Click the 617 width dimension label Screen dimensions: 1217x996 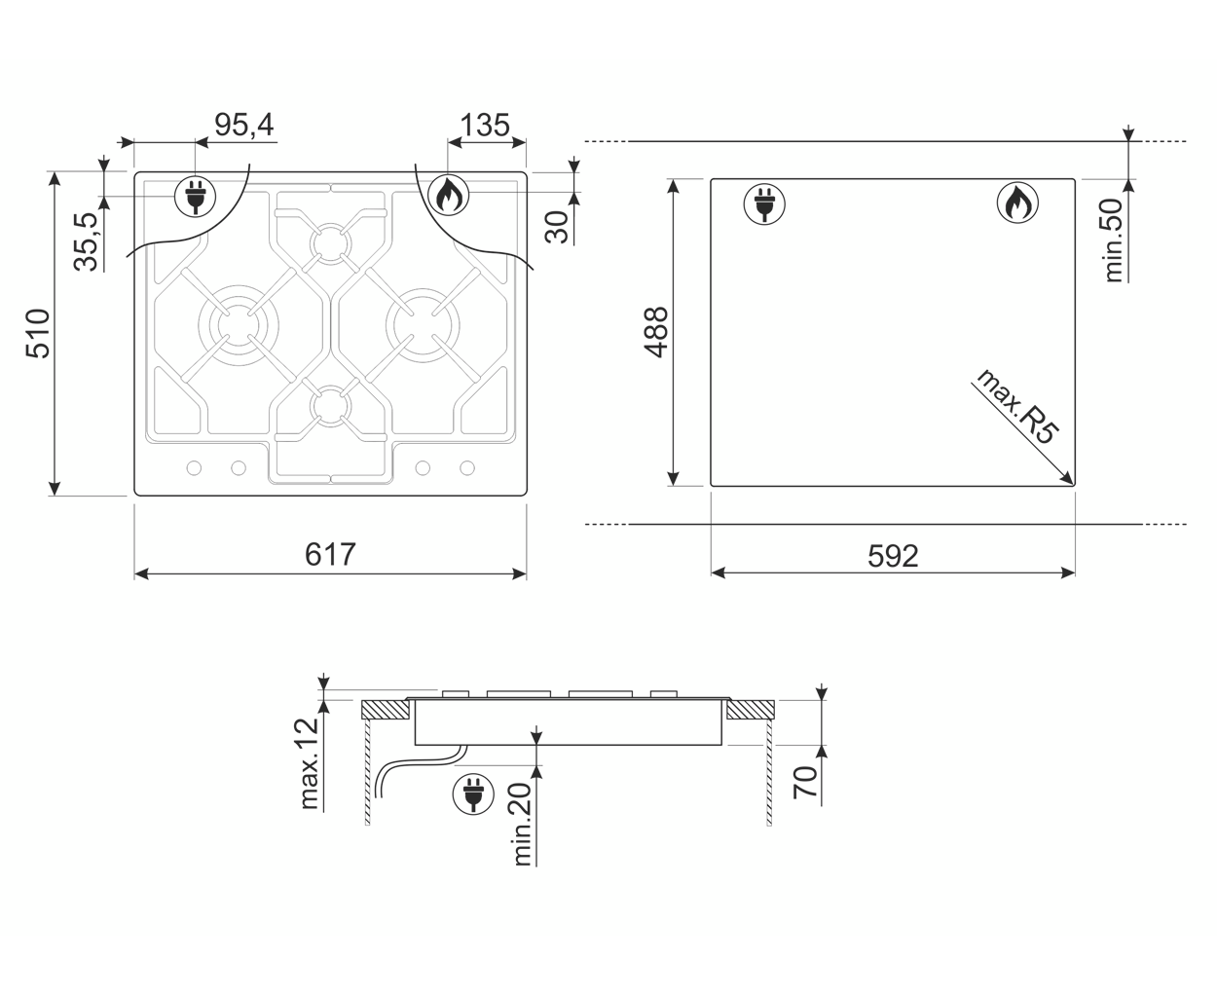coord(330,554)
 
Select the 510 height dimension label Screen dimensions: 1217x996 coord(39,334)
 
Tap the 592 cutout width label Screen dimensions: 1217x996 coord(893,556)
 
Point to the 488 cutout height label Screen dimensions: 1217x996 coord(656,332)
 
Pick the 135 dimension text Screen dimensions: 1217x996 coord(485,125)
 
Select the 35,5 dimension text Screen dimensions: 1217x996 coord(87,241)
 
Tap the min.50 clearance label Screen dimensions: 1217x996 coord(1113,240)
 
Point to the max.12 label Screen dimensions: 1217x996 coord(309,763)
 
